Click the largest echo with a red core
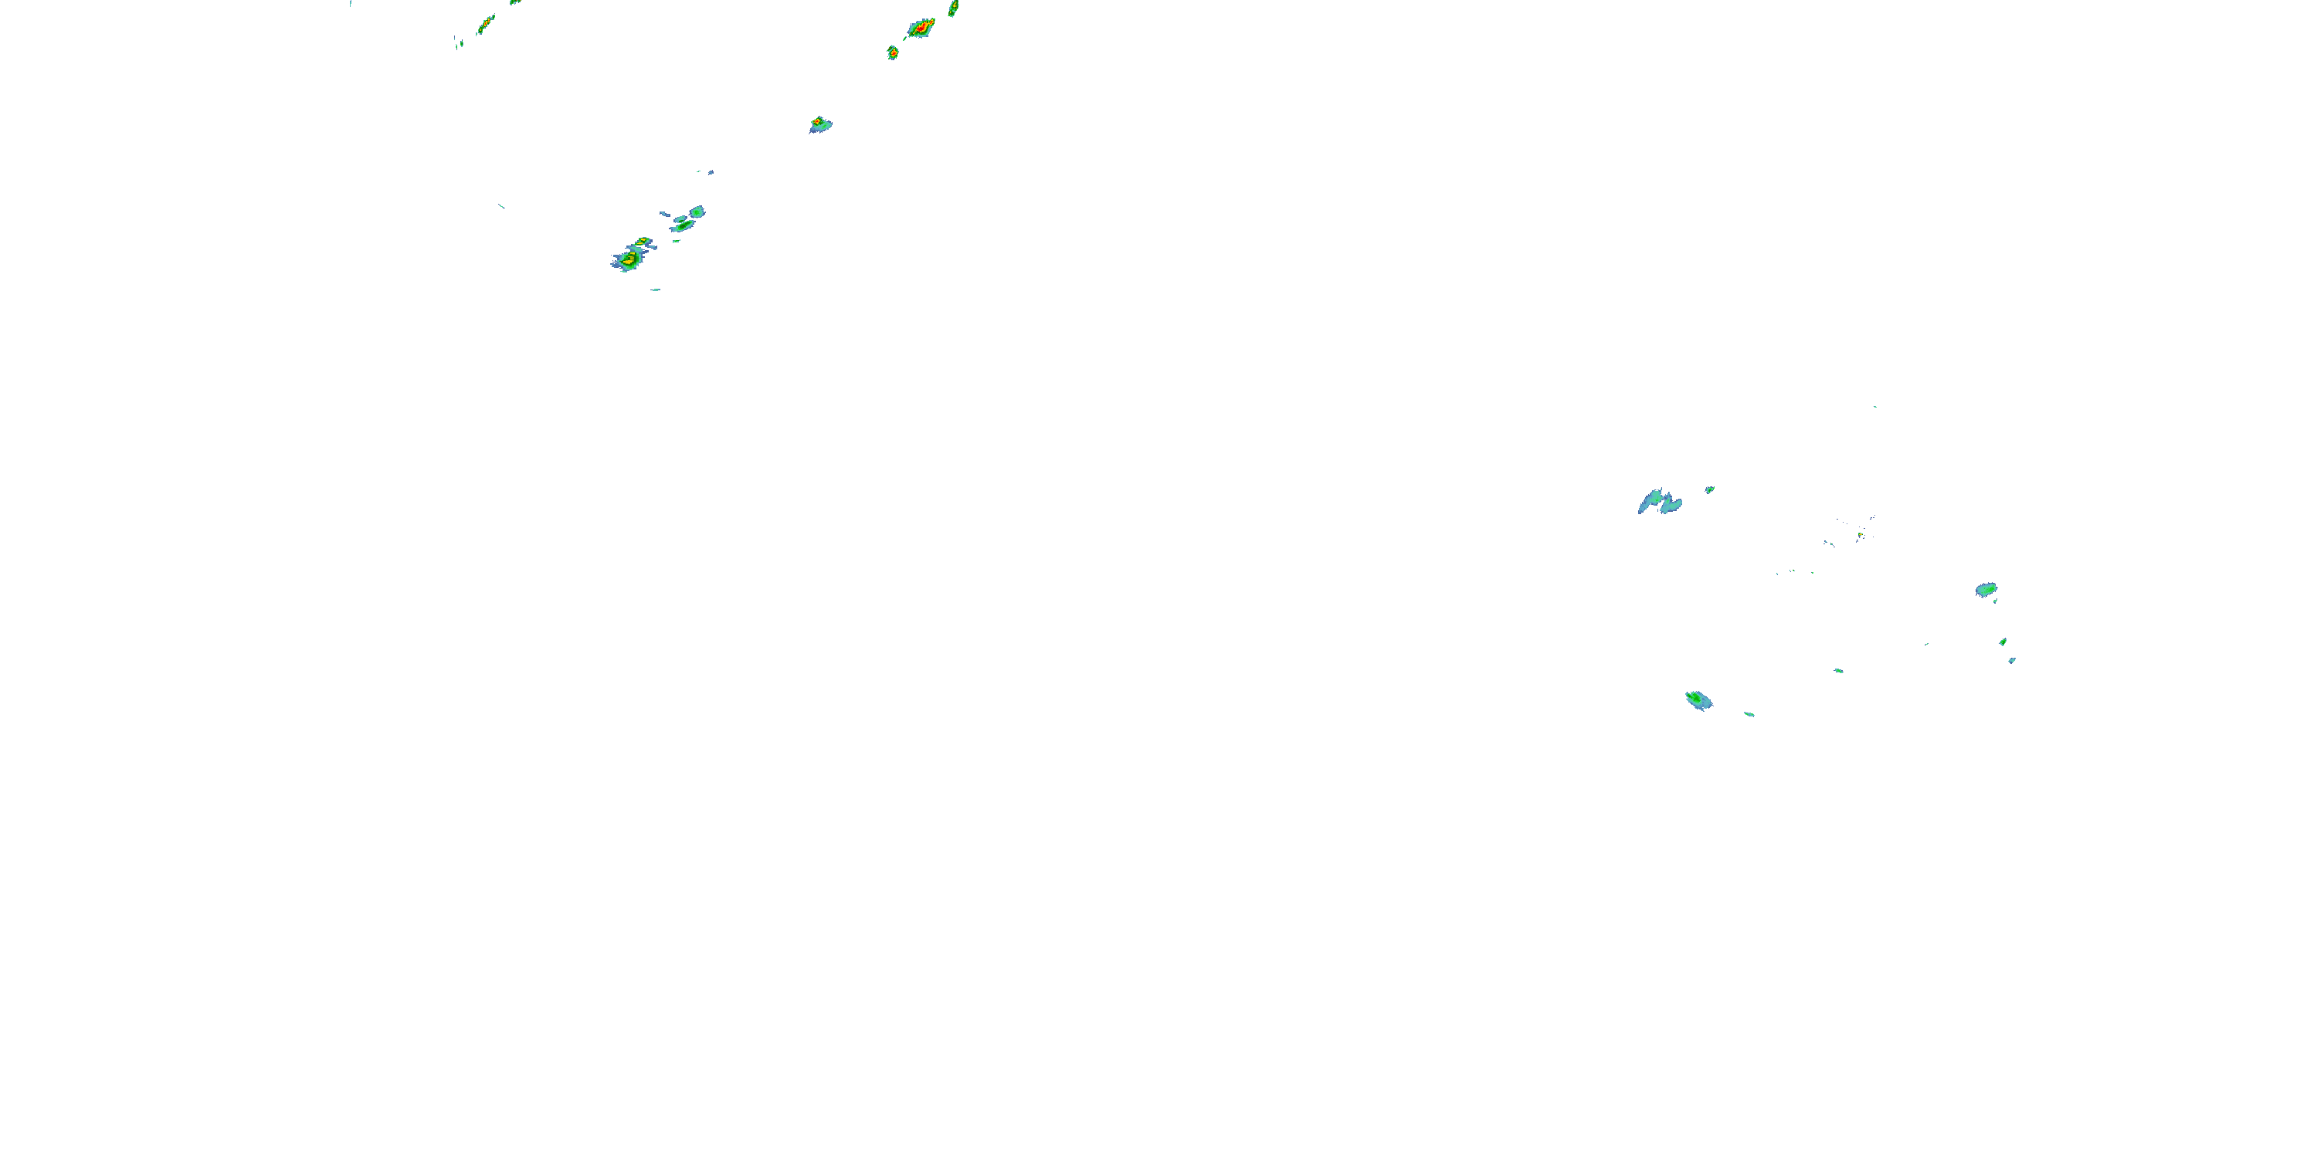pyautogui.click(x=920, y=29)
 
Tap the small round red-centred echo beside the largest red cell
pyautogui.click(x=892, y=52)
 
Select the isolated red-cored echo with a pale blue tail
pyautogui.click(x=819, y=124)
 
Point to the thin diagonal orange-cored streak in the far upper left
pyautogui.click(x=485, y=24)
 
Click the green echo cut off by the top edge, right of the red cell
pyautogui.click(x=953, y=8)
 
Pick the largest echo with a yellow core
pyautogui.click(x=628, y=260)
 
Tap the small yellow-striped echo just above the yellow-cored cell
pyautogui.click(x=643, y=242)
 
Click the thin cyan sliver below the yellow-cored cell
pyautogui.click(x=656, y=289)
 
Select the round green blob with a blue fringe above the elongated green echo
pyautogui.click(x=697, y=212)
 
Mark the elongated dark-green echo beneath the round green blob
pyautogui.click(x=683, y=225)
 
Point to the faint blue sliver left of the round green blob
pyautogui.click(x=666, y=214)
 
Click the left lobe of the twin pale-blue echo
pyautogui.click(x=1650, y=500)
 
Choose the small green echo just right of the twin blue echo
pyautogui.click(x=1709, y=490)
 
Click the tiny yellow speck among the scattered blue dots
pyautogui.click(x=1859, y=535)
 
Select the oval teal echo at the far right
pyautogui.click(x=1986, y=590)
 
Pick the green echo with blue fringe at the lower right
pyautogui.click(x=1698, y=699)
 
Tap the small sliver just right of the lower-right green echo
pyautogui.click(x=1749, y=714)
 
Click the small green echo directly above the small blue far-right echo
pyautogui.click(x=2003, y=642)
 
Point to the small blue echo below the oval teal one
pyautogui.click(x=2012, y=661)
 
